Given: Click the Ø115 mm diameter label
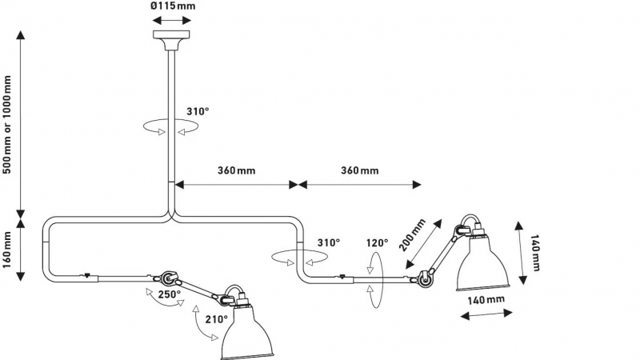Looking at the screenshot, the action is click(x=173, y=6).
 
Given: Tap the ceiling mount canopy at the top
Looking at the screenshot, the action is click(x=171, y=39).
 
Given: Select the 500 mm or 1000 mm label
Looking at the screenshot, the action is click(x=7, y=125).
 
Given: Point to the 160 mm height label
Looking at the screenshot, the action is click(x=7, y=250).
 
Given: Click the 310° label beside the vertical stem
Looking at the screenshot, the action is click(x=198, y=111).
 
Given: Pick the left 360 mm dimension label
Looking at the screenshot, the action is click(x=236, y=170).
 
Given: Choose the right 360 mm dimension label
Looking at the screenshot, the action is click(x=359, y=170).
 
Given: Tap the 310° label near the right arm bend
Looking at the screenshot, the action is click(x=329, y=243).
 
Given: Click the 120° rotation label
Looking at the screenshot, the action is click(x=377, y=243).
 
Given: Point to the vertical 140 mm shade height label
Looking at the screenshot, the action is click(x=534, y=253).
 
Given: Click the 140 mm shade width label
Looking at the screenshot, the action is click(x=486, y=300).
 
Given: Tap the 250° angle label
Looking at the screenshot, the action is click(x=170, y=294).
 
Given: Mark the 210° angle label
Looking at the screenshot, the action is click(x=216, y=319).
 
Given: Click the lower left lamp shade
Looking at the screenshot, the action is click(x=247, y=330).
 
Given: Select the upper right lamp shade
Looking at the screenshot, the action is click(x=483, y=262).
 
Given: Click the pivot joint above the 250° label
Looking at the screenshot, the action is click(x=167, y=278).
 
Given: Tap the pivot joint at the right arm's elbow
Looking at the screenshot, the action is click(x=424, y=278).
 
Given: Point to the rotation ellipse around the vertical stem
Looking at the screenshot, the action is click(x=171, y=126).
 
